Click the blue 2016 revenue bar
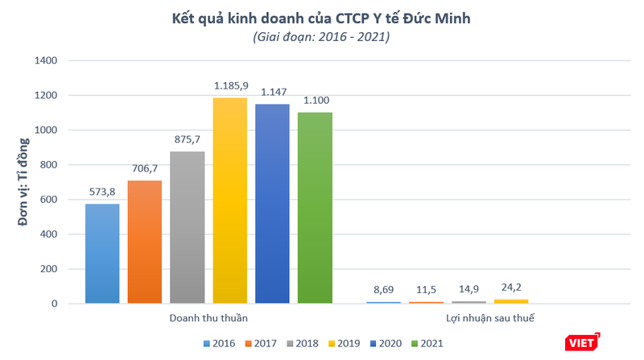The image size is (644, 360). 102,254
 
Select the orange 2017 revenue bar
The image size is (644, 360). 144,242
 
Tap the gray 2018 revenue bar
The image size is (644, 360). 187,227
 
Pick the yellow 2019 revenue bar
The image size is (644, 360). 229,201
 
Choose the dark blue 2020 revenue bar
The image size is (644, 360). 272,204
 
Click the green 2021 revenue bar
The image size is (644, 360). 314,208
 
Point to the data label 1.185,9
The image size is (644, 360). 230,85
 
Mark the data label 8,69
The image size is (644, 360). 382,289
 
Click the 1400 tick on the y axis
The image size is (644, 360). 46,60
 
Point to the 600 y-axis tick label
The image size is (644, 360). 49,200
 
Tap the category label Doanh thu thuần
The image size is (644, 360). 209,319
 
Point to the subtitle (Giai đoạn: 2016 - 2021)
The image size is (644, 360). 321,37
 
